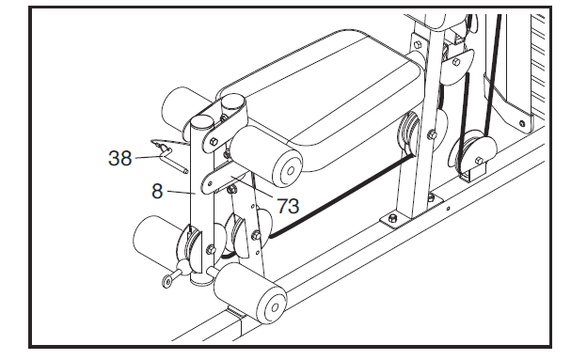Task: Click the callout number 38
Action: pyautogui.click(x=119, y=159)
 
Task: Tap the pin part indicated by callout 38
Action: pyautogui.click(x=166, y=148)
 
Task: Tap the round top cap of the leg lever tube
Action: pyautogui.click(x=200, y=121)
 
